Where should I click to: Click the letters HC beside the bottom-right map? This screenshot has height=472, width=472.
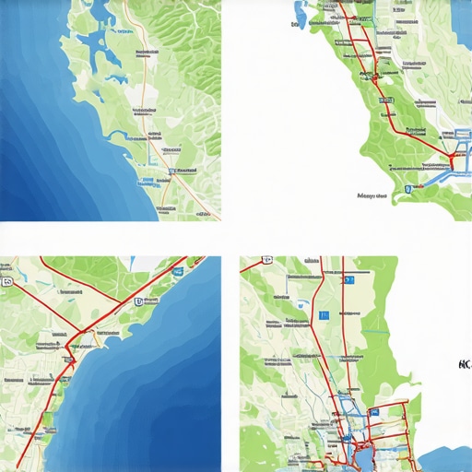tap(463, 364)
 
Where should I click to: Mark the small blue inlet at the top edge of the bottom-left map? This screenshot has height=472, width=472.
tap(147, 262)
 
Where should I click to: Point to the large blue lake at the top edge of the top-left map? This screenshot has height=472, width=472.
tap(92, 41)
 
